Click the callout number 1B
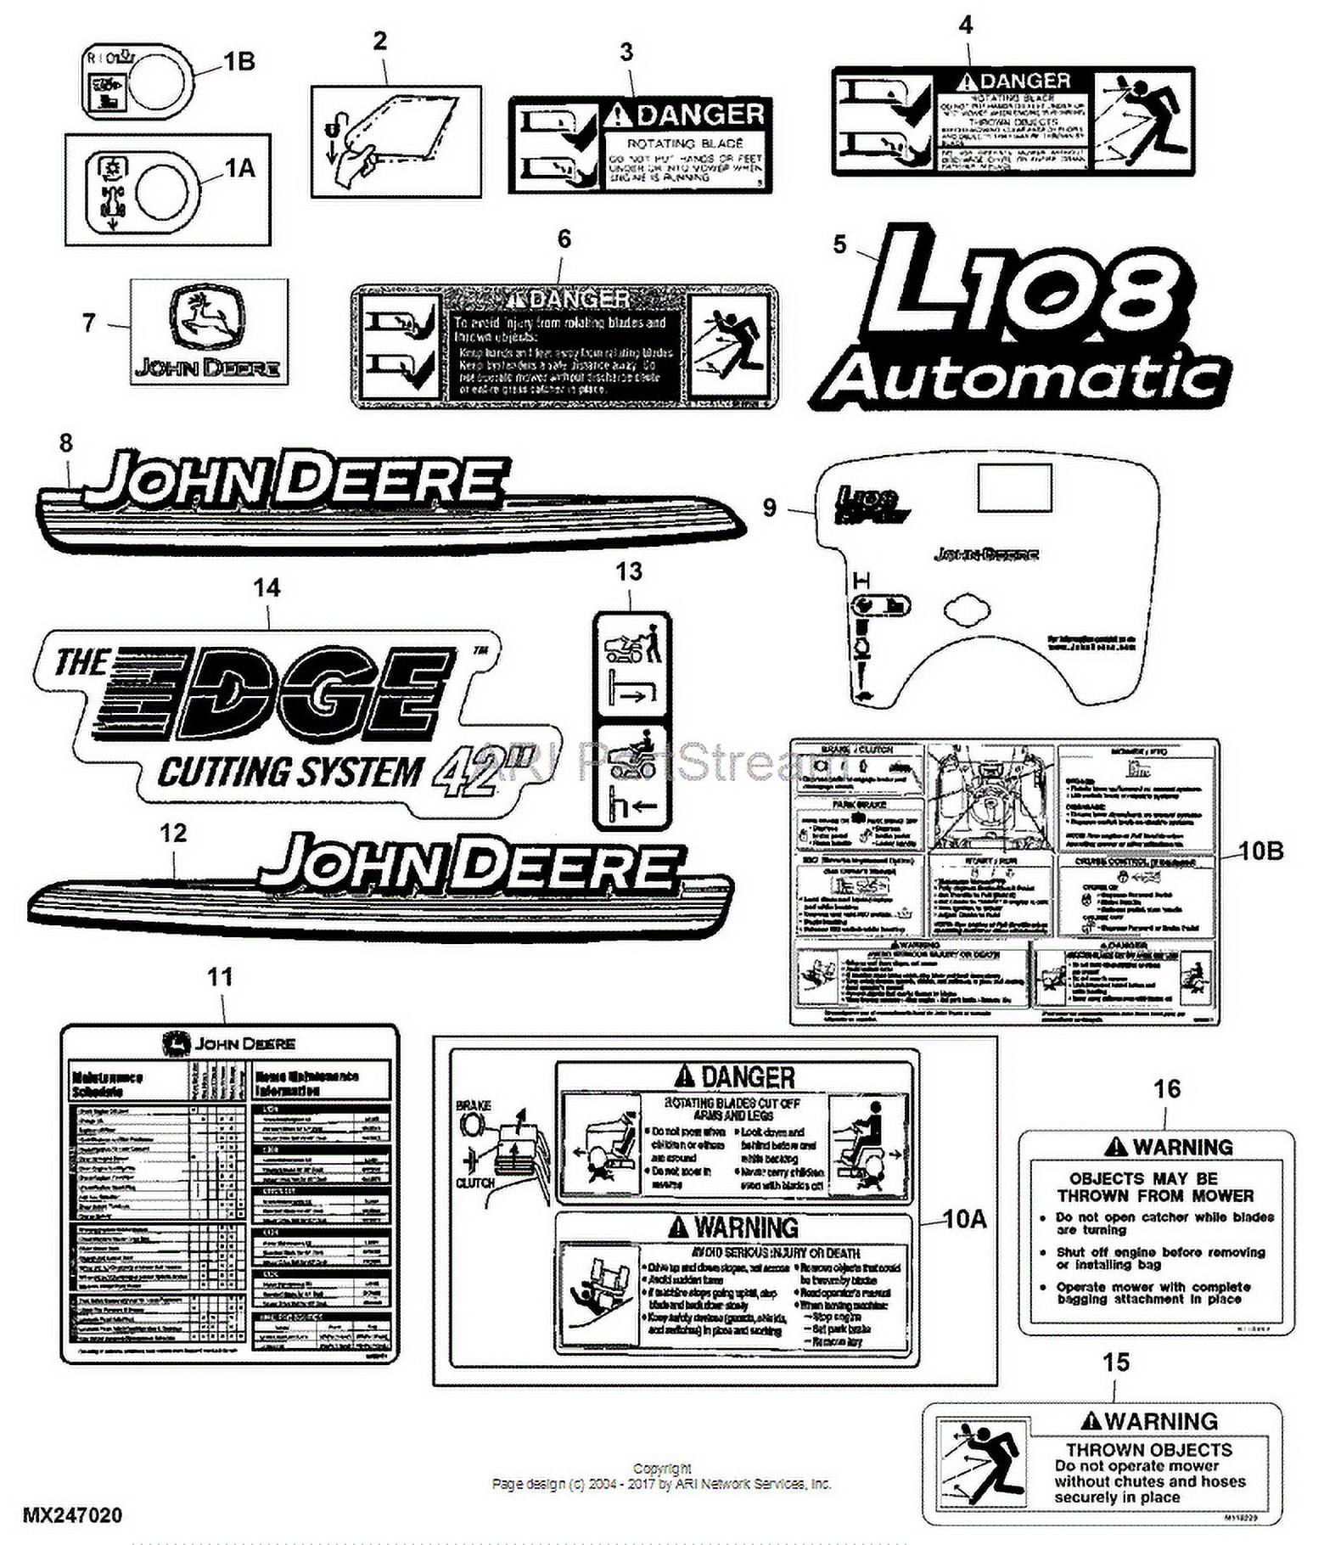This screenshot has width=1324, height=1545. coord(239,62)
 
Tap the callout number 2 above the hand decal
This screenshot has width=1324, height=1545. coord(379,41)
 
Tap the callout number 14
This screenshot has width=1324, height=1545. coord(266,587)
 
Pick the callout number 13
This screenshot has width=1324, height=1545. coord(629,571)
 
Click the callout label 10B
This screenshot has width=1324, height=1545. coord(1261,850)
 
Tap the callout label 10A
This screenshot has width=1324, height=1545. coord(966,1219)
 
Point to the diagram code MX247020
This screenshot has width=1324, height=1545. coord(72,1515)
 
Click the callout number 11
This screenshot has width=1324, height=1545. coord(220,977)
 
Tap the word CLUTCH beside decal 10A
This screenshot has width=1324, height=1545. coord(475,1183)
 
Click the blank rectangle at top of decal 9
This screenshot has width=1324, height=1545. coord(1014,487)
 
